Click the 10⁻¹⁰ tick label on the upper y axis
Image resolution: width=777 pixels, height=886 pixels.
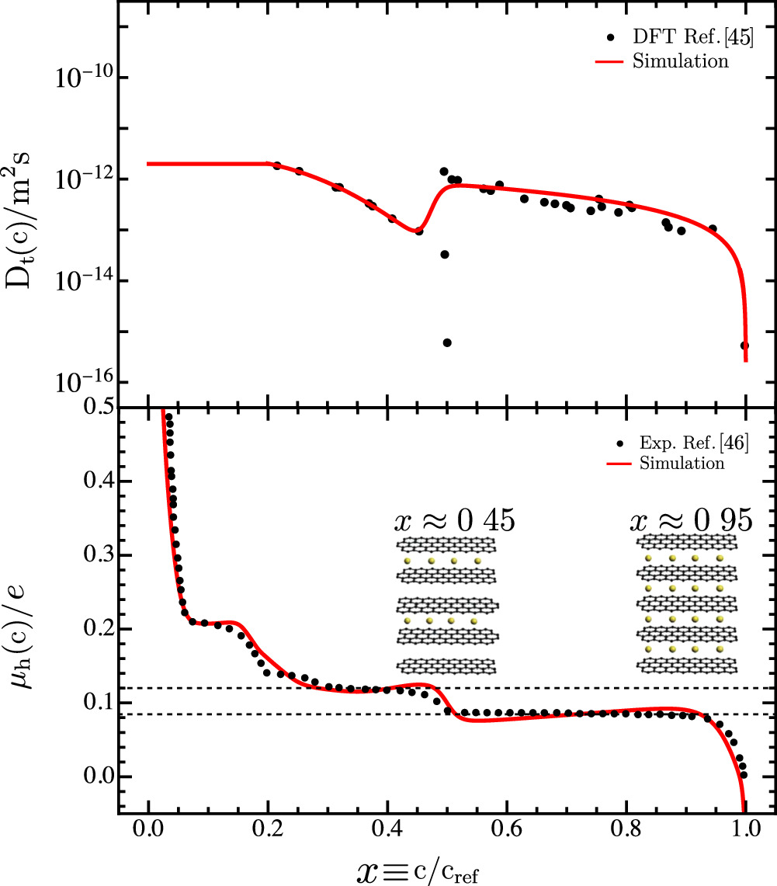coord(83,77)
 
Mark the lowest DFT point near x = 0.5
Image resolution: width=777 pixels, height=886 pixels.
coord(447,342)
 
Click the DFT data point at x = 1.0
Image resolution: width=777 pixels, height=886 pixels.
coord(744,346)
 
